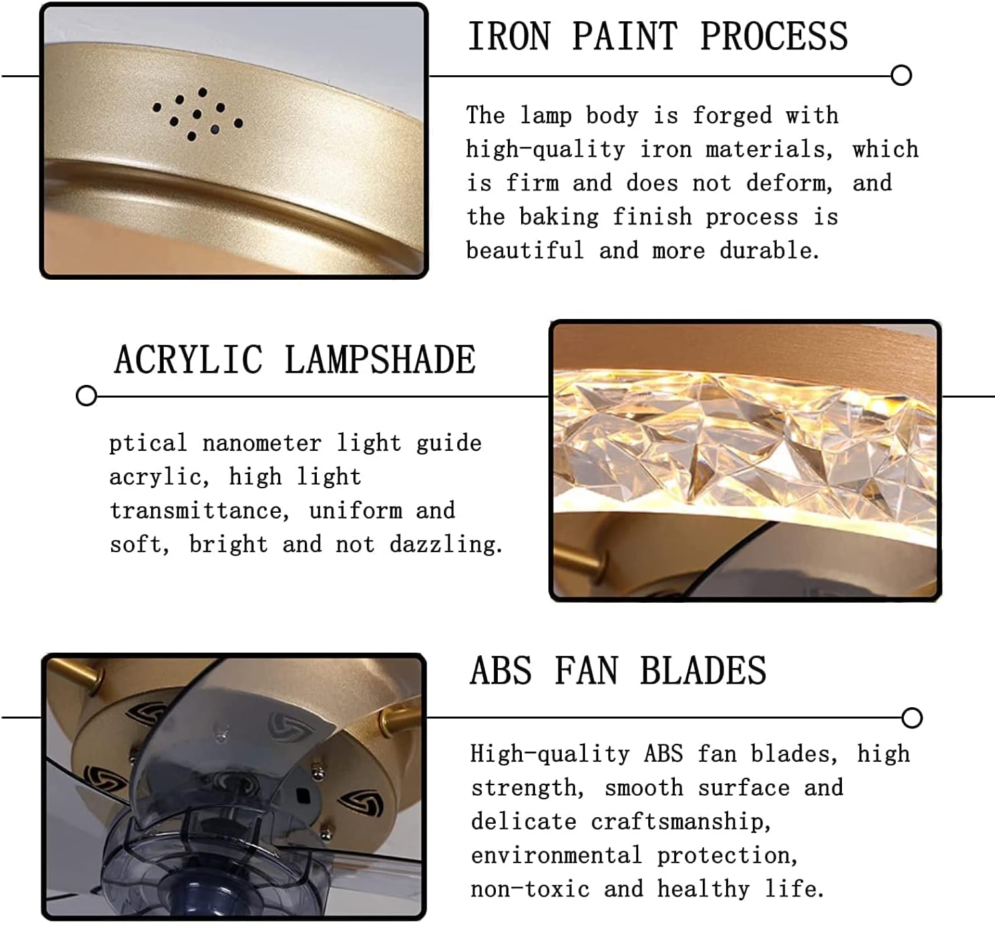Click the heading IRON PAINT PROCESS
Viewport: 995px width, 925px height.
(x=658, y=37)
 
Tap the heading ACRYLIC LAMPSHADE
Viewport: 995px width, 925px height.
(x=295, y=360)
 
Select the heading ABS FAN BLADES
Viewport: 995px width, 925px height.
(x=618, y=671)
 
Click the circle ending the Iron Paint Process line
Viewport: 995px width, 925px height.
(x=901, y=75)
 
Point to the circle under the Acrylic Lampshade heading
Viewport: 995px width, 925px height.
(x=87, y=396)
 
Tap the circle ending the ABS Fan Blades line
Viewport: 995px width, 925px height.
(x=912, y=718)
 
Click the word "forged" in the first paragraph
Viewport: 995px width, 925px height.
(x=731, y=116)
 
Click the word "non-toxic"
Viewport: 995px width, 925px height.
(x=530, y=890)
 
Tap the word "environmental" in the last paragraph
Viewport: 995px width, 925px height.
(x=556, y=856)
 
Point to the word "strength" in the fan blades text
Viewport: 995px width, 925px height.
(x=524, y=788)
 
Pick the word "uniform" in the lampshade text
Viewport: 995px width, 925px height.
(x=355, y=511)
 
